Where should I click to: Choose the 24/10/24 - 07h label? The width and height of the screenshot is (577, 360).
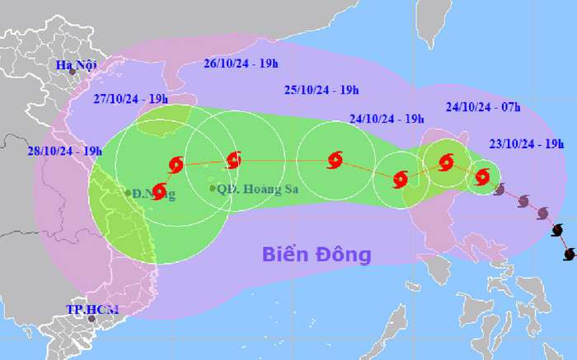pyautogui.click(x=482, y=107)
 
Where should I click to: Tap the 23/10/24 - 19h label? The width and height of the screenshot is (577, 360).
pyautogui.click(x=528, y=144)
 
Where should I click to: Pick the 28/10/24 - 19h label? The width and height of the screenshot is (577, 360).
pyautogui.click(x=63, y=151)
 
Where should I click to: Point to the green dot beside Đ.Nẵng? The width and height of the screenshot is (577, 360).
pyautogui.click(x=129, y=194)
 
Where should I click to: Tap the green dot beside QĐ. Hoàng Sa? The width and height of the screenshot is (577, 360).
pyautogui.click(x=213, y=189)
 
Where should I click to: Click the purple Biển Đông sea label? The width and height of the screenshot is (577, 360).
pyautogui.click(x=317, y=254)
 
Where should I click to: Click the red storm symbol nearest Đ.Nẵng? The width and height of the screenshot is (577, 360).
pyautogui.click(x=160, y=192)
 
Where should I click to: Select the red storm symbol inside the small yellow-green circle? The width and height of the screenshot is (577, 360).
pyautogui.click(x=446, y=162)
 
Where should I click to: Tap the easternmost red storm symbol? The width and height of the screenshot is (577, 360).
pyautogui.click(x=482, y=175)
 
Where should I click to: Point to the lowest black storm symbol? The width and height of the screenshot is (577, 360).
pyautogui.click(x=569, y=255)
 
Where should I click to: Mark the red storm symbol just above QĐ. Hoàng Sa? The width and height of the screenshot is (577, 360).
pyautogui.click(x=232, y=159)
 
